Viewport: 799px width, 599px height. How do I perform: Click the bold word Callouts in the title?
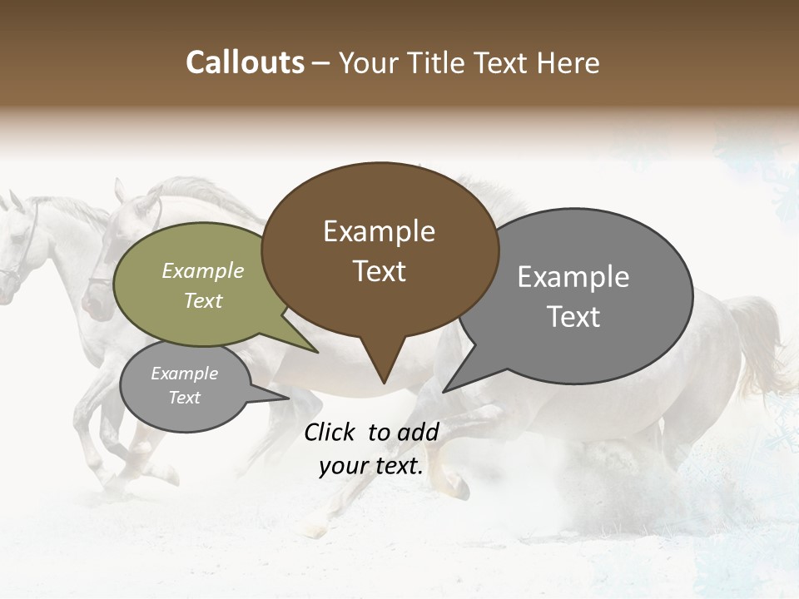pyautogui.click(x=245, y=62)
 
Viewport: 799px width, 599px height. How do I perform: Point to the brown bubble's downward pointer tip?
pyautogui.click(x=384, y=383)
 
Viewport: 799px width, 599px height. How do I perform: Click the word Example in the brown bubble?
pyautogui.click(x=379, y=231)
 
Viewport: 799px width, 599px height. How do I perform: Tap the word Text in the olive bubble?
pyautogui.click(x=203, y=301)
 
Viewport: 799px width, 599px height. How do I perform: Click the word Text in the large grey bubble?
pyautogui.click(x=573, y=317)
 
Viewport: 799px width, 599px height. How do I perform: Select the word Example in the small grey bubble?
pyautogui.click(x=184, y=374)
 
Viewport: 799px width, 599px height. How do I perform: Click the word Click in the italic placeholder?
pyautogui.click(x=330, y=432)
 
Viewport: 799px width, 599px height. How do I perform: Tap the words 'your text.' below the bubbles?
pyautogui.click(x=371, y=467)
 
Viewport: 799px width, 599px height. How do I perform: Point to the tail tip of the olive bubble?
pyautogui.click(x=317, y=353)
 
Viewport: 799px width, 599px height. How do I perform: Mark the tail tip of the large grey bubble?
pyautogui.click(x=444, y=391)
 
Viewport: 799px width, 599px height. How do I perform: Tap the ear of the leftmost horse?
pyautogui.click(x=15, y=200)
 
